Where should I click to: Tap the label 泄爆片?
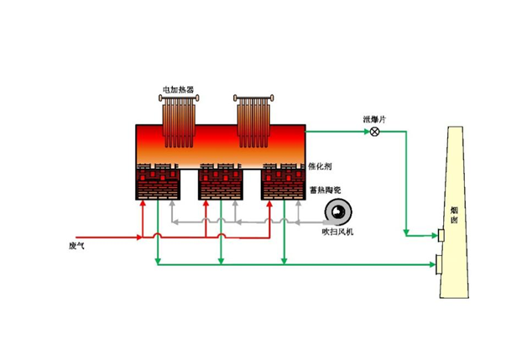tap(373, 120)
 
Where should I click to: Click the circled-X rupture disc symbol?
tap(375, 132)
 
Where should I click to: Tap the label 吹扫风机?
tap(339, 230)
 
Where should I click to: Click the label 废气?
tap(78, 247)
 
